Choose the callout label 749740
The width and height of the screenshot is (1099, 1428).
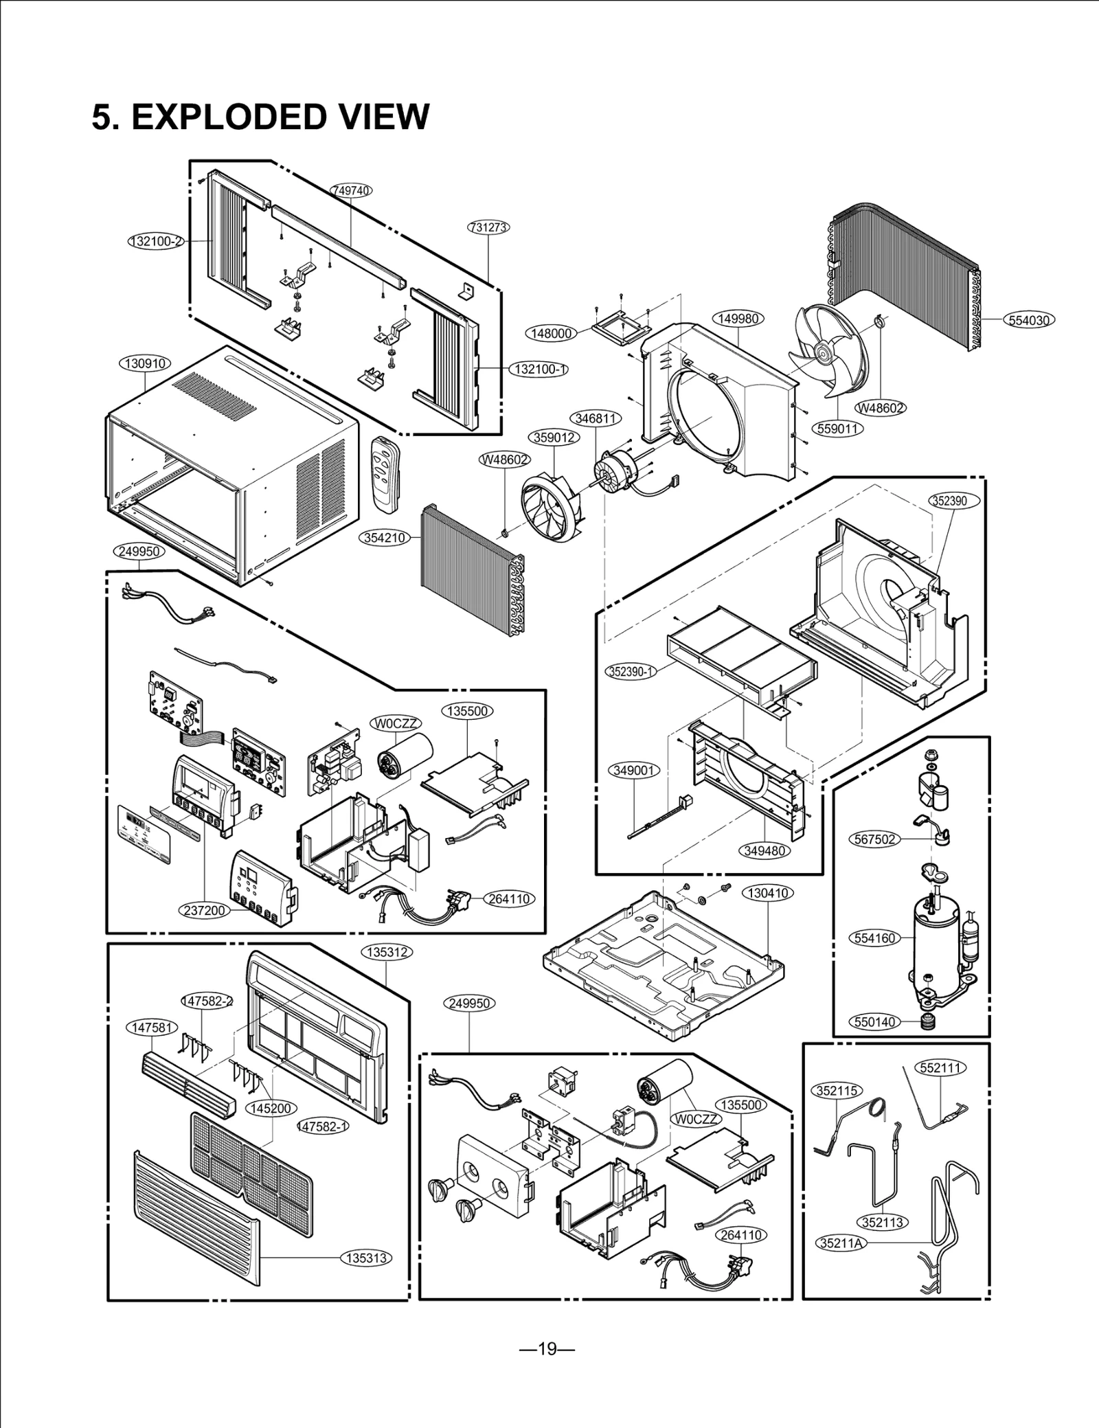351,190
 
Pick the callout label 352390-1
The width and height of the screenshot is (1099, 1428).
631,671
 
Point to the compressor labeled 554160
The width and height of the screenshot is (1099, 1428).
938,941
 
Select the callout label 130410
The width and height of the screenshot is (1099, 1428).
768,893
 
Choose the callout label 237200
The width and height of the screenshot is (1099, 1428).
205,911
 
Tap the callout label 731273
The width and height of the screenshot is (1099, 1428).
489,227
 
